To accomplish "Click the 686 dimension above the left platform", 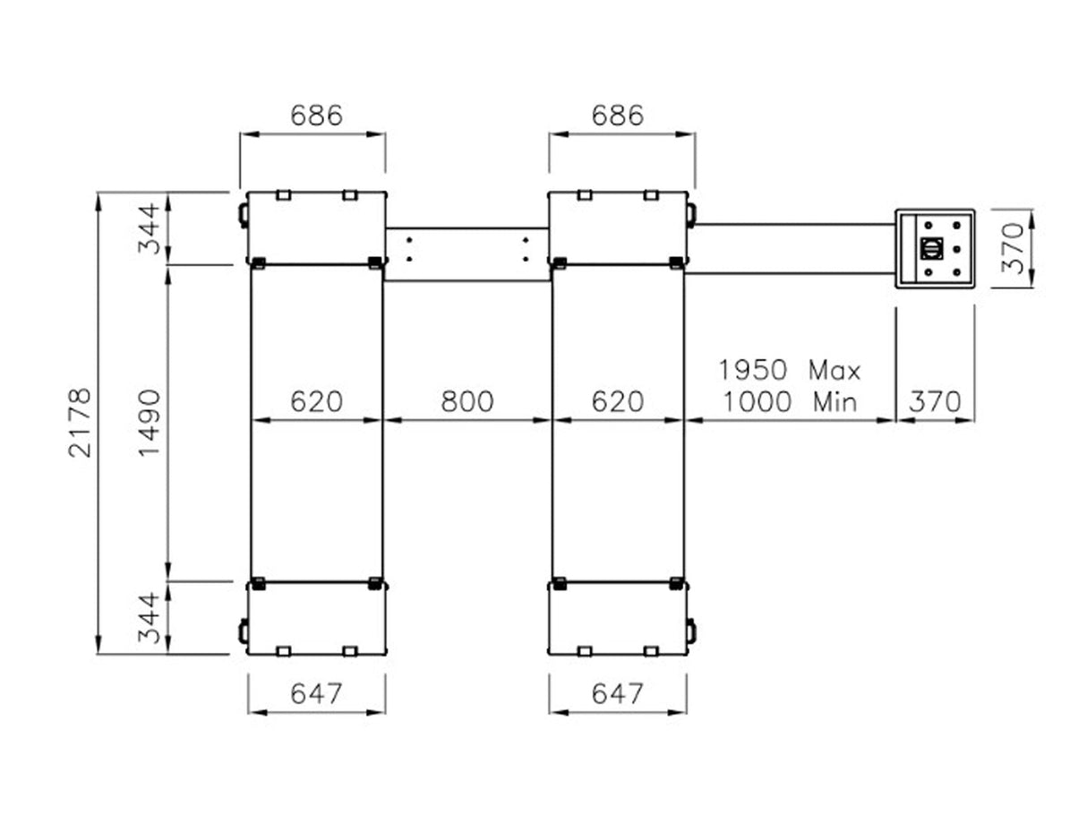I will (x=316, y=116).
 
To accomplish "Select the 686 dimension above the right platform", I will (x=618, y=116).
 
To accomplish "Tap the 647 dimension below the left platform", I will (x=316, y=693).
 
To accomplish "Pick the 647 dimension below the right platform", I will (x=618, y=693).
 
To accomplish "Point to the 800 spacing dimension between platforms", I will (x=466, y=401).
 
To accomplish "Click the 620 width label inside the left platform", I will (x=316, y=401).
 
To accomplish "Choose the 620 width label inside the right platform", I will (x=618, y=401).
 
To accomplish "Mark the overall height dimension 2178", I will (x=81, y=422).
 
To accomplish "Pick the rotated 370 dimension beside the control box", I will (x=1011, y=248).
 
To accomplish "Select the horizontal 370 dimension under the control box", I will (x=935, y=401).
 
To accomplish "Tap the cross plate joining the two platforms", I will (x=466, y=253).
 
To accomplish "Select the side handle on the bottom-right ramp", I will (x=690, y=631).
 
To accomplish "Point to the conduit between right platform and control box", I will (x=792, y=248).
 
